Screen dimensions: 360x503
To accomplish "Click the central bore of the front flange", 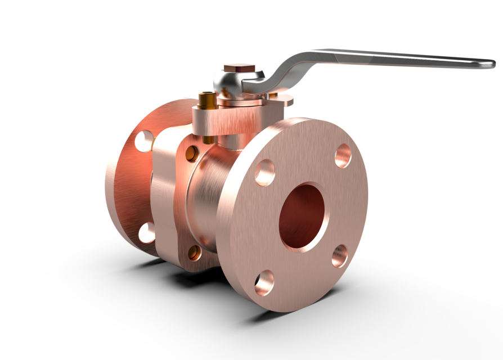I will [303, 217].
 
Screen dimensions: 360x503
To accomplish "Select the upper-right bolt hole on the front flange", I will [343, 155].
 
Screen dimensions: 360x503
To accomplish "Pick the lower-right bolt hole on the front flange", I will [340, 256].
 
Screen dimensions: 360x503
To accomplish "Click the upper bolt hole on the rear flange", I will [144, 141].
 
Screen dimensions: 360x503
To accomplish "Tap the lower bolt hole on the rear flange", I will [146, 232].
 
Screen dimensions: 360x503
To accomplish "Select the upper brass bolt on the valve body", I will [192, 154].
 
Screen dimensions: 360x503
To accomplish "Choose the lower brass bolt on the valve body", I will [194, 253].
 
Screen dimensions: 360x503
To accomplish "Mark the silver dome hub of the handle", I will [228, 82].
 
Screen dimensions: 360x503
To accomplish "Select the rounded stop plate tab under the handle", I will [285, 100].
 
